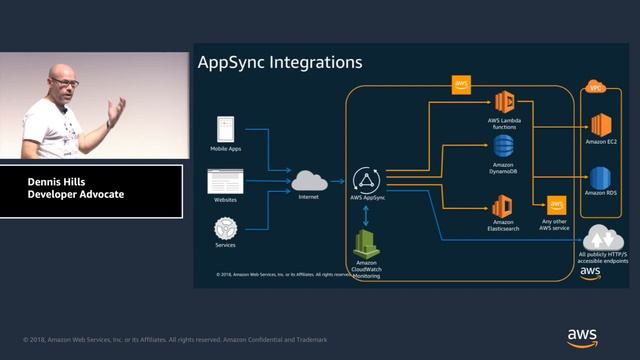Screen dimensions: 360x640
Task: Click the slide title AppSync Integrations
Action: pos(280,63)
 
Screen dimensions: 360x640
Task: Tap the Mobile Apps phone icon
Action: pos(225,128)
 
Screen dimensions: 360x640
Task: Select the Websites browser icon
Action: pos(225,181)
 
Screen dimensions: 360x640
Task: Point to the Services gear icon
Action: pos(225,227)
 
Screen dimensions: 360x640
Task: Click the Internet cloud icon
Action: pos(309,180)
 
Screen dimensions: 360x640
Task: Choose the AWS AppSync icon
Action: pos(368,181)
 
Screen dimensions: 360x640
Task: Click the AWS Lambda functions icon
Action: pos(504,102)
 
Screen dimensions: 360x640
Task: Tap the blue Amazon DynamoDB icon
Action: pos(504,148)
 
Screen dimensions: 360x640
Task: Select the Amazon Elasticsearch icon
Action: pos(503,207)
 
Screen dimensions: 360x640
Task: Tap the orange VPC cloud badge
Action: pos(597,87)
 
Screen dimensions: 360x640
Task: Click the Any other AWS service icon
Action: pos(555,205)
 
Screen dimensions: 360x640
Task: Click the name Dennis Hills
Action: pos(61,181)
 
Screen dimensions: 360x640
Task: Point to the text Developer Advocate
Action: pos(76,194)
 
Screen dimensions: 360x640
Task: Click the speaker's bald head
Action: pos(61,75)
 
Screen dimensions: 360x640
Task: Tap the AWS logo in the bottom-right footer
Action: pos(582,336)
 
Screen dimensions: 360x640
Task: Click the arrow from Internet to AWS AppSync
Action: pos(337,181)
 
